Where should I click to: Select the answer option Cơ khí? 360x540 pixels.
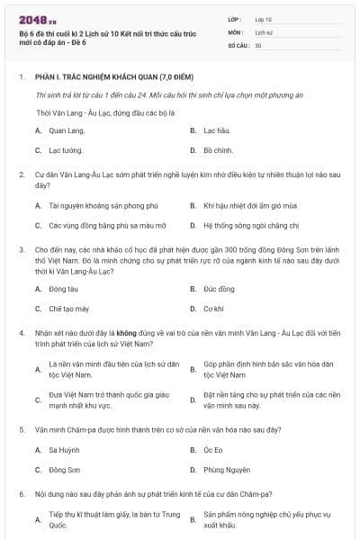213,308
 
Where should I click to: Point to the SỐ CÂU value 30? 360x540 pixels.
258,44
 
